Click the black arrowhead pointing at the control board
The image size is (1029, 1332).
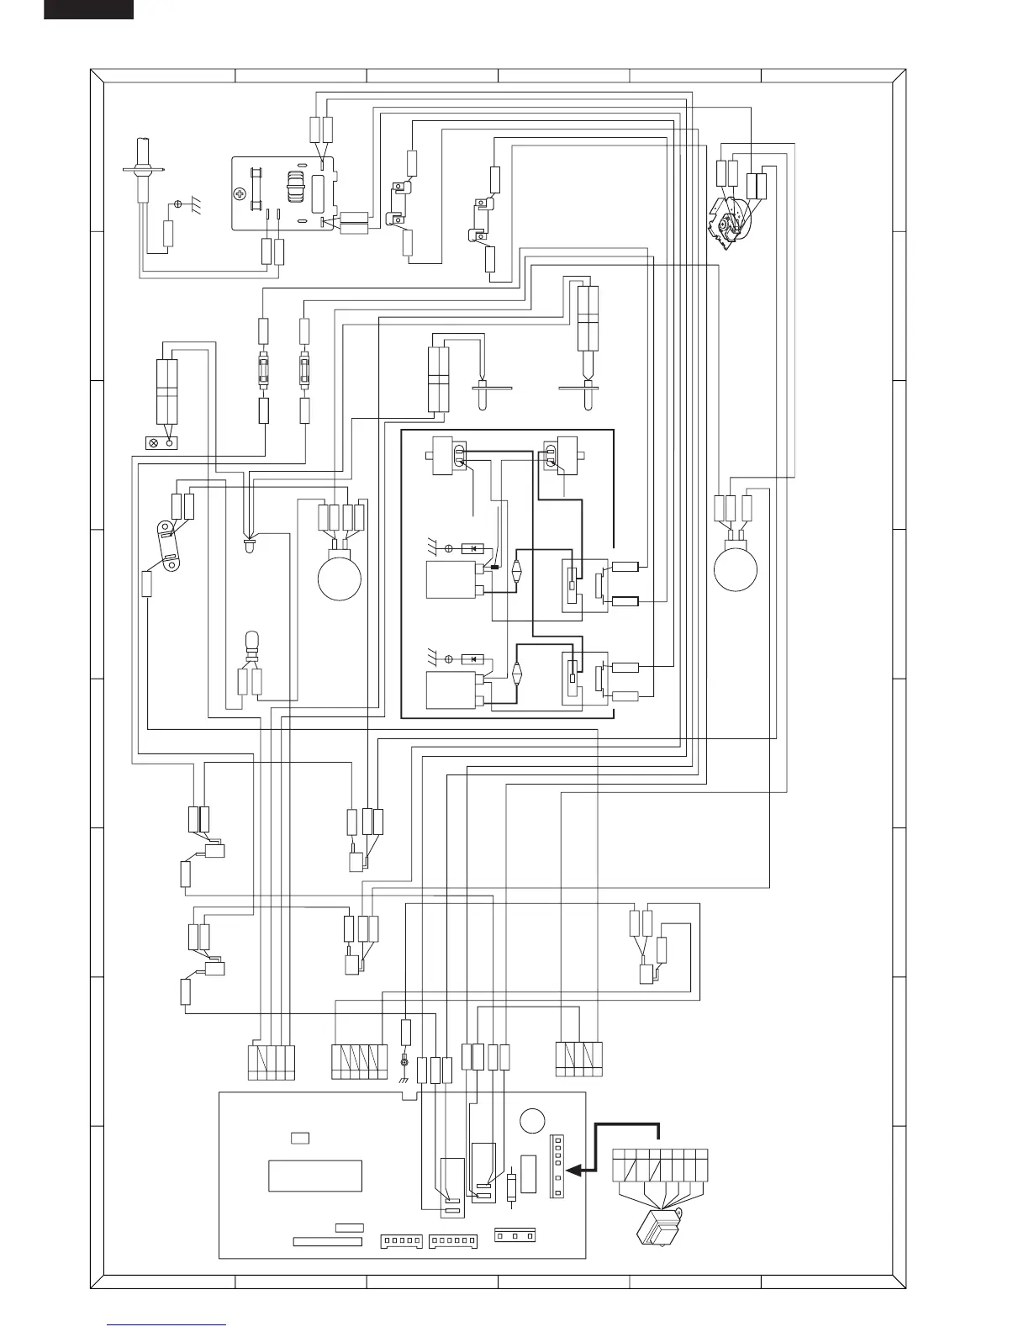[x=575, y=1170]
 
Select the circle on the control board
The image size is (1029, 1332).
[x=532, y=1122]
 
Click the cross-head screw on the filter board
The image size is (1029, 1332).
[x=241, y=194]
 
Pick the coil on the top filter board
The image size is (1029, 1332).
[x=295, y=188]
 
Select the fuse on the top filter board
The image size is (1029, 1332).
[x=255, y=194]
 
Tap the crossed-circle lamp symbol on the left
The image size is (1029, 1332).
[x=155, y=442]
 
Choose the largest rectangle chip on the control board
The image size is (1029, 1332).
[x=315, y=1176]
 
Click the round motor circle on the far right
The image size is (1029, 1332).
[x=735, y=568]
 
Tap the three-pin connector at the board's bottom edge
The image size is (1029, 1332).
[x=514, y=1235]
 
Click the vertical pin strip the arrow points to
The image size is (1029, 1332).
[x=555, y=1165]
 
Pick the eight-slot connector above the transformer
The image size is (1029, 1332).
[x=660, y=1164]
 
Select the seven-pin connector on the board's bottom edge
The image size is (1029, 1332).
[x=452, y=1240]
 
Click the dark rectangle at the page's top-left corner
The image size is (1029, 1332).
[x=88, y=8]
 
